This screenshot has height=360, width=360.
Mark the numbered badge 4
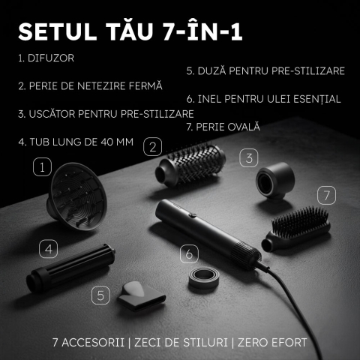(x=48, y=247)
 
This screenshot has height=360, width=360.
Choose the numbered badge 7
(x=324, y=195)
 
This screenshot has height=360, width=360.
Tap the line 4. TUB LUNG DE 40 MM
(x=70, y=141)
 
